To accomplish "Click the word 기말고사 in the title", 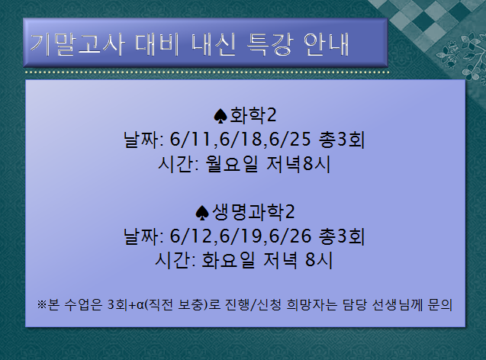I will pyautogui.click(x=66, y=43).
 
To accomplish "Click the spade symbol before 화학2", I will pyautogui.click(x=221, y=116).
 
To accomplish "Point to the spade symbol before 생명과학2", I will pyautogui.click(x=203, y=211).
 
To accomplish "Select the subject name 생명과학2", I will pyautogui.click(x=253, y=211).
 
